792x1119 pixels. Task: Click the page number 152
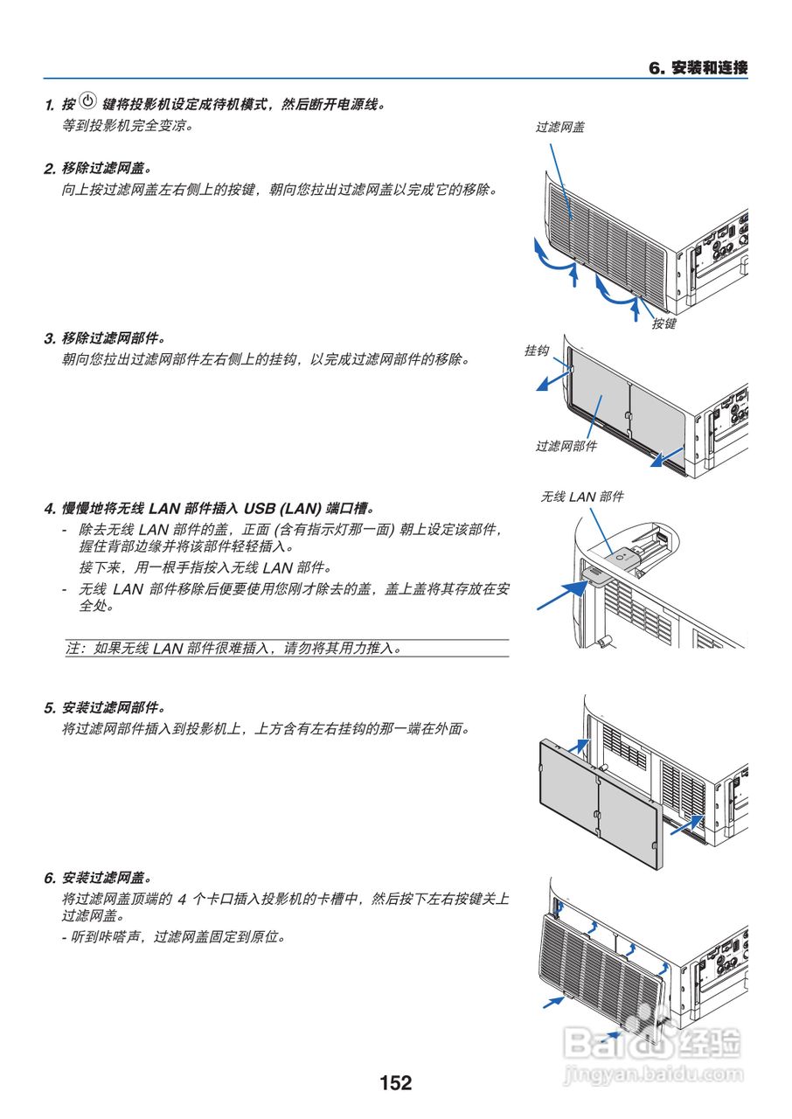[x=395, y=1083]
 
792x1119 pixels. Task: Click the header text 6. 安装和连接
[x=698, y=68]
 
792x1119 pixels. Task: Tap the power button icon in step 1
[x=87, y=101]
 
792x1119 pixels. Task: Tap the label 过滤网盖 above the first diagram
[x=560, y=127]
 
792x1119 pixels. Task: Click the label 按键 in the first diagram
[x=663, y=324]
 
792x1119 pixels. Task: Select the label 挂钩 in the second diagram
[x=537, y=351]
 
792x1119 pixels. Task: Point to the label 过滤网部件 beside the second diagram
[x=566, y=446]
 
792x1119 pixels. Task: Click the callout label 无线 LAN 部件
[x=582, y=497]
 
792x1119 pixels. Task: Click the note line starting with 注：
[x=233, y=649]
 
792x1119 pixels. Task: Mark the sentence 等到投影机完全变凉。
[x=127, y=125]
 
